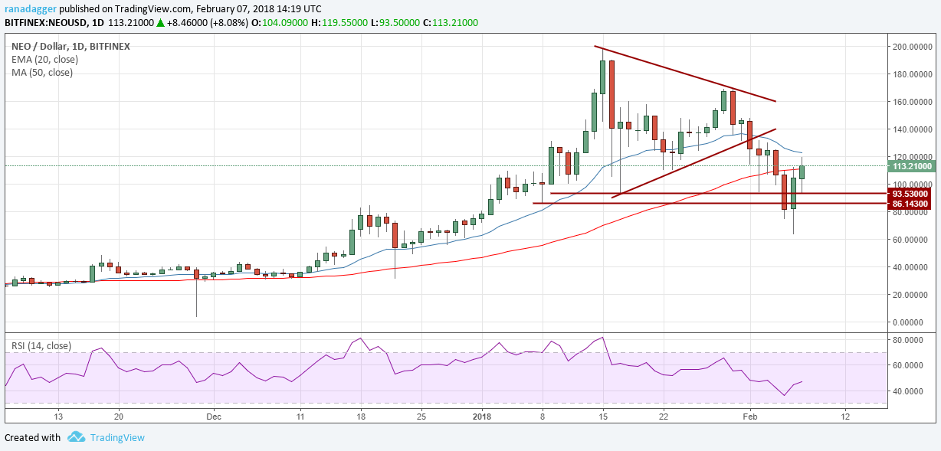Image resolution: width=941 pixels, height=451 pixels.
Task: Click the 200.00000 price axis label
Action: point(911,47)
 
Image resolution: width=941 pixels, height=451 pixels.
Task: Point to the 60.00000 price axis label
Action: point(911,240)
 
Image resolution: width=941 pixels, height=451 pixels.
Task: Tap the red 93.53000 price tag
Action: point(910,194)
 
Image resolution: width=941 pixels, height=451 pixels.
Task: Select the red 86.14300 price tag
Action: point(910,204)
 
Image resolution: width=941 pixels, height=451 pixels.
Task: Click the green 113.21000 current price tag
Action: point(910,166)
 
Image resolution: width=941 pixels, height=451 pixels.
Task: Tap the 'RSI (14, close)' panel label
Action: point(43,345)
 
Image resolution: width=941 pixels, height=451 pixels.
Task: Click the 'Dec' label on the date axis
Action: point(214,417)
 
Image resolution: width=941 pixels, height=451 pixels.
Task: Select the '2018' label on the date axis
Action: point(483,417)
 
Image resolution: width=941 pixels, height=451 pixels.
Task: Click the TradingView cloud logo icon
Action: point(76,437)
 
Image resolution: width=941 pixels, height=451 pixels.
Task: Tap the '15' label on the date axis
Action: point(603,417)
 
